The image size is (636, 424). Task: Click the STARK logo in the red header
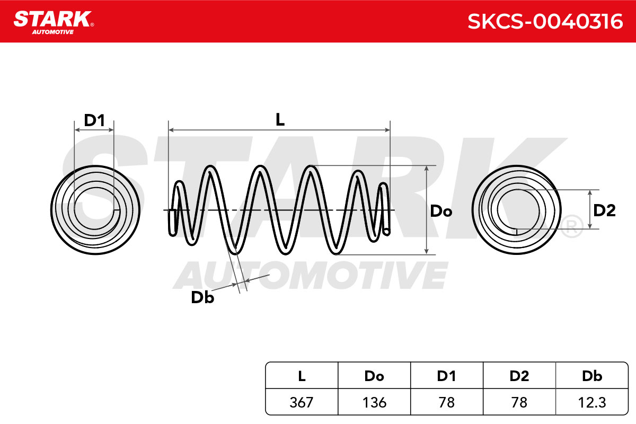click(54, 22)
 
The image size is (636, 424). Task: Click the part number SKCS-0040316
click(545, 22)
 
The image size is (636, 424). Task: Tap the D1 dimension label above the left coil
click(94, 120)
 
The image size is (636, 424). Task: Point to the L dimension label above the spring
click(280, 120)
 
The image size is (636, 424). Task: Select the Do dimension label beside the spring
click(441, 211)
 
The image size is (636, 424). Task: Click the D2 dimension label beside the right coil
click(604, 210)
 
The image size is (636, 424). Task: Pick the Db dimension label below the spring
click(202, 298)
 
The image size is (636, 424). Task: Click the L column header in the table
click(302, 376)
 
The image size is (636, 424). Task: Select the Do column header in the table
click(374, 376)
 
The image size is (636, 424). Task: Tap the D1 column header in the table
click(447, 376)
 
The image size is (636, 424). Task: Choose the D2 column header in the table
click(519, 376)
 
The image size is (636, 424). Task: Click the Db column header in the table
click(592, 376)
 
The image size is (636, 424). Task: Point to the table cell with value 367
click(302, 402)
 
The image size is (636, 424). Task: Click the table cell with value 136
click(374, 402)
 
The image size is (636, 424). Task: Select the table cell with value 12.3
click(592, 402)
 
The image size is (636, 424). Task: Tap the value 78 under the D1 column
click(447, 402)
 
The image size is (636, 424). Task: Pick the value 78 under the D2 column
click(519, 402)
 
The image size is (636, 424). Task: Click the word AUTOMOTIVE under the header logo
click(53, 32)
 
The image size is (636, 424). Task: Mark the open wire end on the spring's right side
click(386, 232)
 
